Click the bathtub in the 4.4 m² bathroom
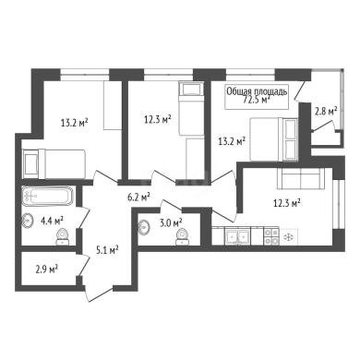(47, 196)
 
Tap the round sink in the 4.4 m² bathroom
(27, 221)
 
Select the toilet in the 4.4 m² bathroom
(63, 237)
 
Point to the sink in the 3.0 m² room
(144, 227)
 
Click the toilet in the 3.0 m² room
(181, 237)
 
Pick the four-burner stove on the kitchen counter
(271, 236)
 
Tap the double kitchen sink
(237, 236)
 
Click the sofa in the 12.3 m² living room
(300, 178)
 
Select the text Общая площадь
(258, 91)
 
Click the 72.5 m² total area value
(257, 100)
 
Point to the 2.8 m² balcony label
(326, 111)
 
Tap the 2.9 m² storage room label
(47, 270)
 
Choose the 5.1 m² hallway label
(107, 250)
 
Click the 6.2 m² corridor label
(138, 197)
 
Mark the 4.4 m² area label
(52, 221)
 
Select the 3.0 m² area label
(171, 222)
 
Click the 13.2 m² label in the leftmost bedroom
(75, 123)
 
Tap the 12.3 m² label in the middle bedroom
(158, 119)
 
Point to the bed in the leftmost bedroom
(54, 163)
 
